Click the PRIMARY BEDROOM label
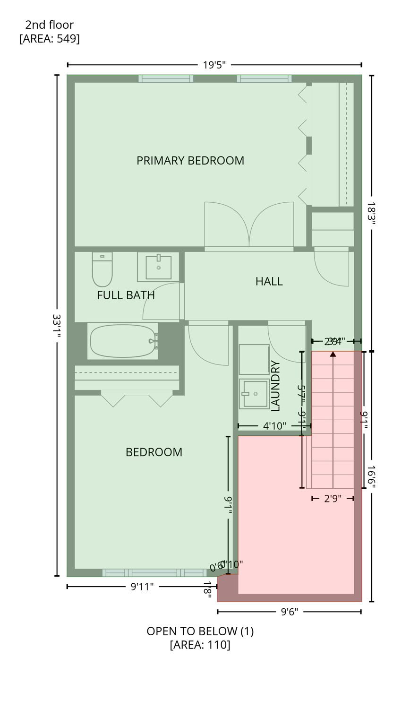[x=190, y=161]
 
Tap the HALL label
[x=269, y=282]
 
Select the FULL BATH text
[x=126, y=295]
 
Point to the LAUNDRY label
[x=276, y=386]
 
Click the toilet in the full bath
[x=102, y=270]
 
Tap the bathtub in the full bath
[x=123, y=341]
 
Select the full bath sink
[x=158, y=267]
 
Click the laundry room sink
[x=254, y=393]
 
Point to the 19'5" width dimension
[x=214, y=65]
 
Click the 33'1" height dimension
[x=57, y=326]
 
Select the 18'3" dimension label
[x=371, y=214]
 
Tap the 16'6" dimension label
[x=371, y=476]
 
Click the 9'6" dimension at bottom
[x=289, y=612]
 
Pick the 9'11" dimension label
[x=142, y=587]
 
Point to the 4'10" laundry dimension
[x=274, y=426]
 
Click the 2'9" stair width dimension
[x=333, y=498]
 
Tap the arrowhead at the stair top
[x=333, y=354]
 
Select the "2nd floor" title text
[x=50, y=25]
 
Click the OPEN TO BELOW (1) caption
[x=200, y=631]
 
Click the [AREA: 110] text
[x=200, y=645]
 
